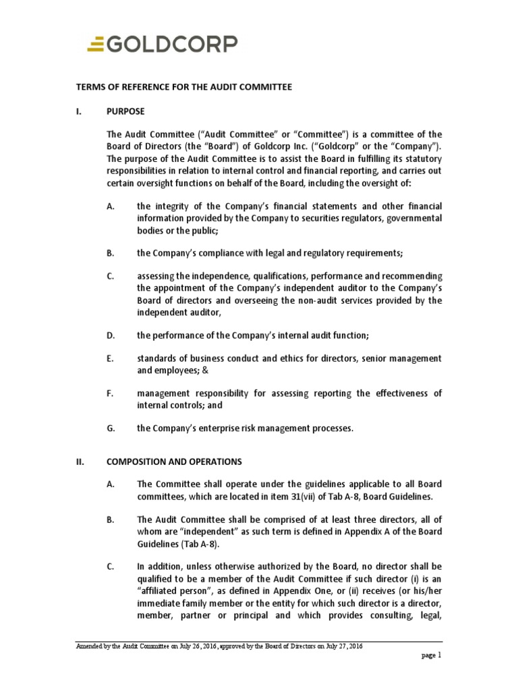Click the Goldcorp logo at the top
click(x=163, y=45)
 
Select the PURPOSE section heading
click(x=125, y=111)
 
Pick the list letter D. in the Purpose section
click(x=111, y=335)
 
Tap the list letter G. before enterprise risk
click(x=111, y=428)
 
